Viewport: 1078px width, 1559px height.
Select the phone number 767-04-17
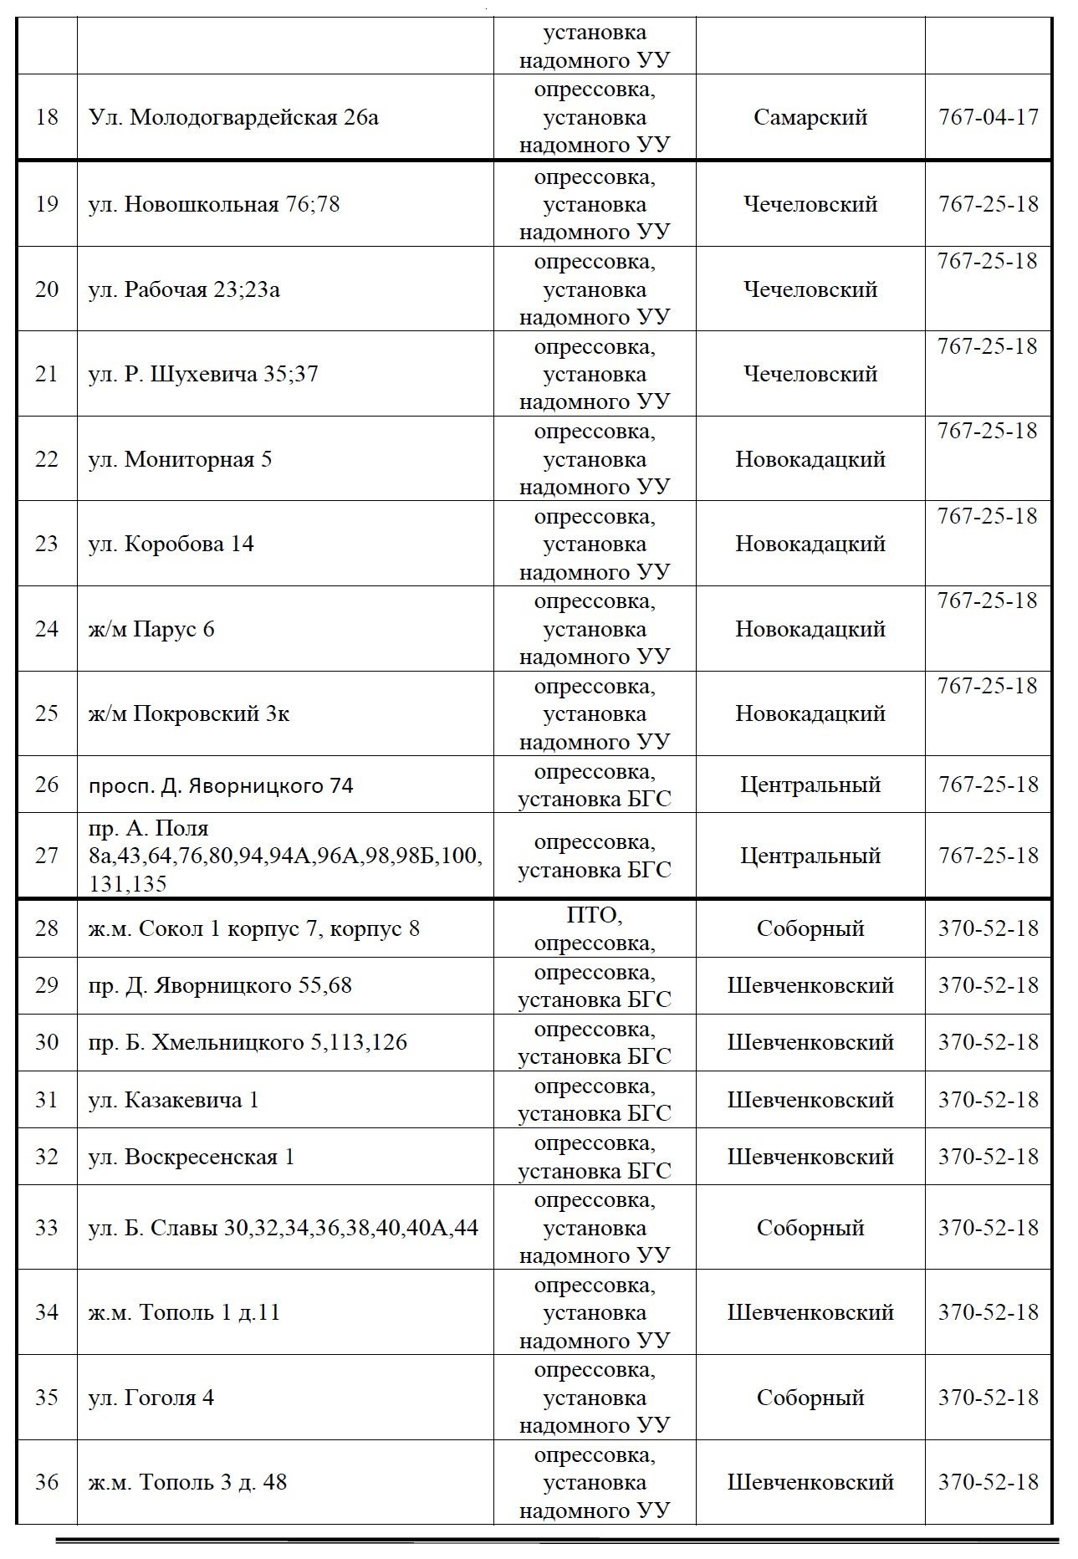pyautogui.click(x=988, y=117)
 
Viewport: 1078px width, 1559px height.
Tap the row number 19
pyautogui.click(x=47, y=205)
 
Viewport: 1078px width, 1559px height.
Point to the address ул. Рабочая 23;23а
pyautogui.click(x=184, y=290)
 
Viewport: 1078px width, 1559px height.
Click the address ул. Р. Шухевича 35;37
pyautogui.click(x=203, y=374)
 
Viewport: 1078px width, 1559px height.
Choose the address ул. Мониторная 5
pyautogui.click(x=180, y=460)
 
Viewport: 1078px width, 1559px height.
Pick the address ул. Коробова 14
pyautogui.click(x=171, y=544)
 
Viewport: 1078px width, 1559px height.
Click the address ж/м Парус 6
pyautogui.click(x=151, y=629)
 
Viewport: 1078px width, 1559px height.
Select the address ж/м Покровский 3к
pyautogui.click(x=189, y=714)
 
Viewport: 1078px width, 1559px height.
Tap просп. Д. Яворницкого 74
pyautogui.click(x=221, y=785)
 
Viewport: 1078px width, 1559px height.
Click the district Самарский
pyautogui.click(x=810, y=117)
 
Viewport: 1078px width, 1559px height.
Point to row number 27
pyautogui.click(x=47, y=856)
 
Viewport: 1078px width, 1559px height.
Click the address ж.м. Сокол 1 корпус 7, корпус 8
pyautogui.click(x=253, y=929)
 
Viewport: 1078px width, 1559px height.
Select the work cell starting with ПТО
pyautogui.click(x=594, y=929)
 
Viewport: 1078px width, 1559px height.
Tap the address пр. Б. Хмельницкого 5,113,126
pyautogui.click(x=248, y=1043)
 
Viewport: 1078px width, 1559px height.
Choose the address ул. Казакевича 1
pyautogui.click(x=173, y=1100)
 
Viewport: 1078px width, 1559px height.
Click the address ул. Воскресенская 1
pyautogui.click(x=192, y=1158)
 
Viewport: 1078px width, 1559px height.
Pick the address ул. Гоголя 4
pyautogui.click(x=151, y=1398)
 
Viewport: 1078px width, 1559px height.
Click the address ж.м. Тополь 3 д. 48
pyautogui.click(x=187, y=1482)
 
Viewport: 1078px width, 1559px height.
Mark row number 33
pyautogui.click(x=47, y=1228)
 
